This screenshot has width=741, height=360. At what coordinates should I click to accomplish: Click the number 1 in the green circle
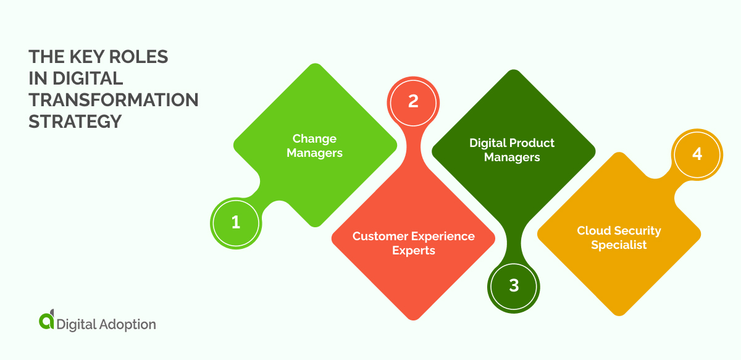(235, 222)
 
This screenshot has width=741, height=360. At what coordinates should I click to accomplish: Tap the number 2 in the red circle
(413, 101)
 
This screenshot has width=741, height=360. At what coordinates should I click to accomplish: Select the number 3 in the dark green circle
(514, 286)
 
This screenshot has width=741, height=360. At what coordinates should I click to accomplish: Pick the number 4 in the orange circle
(697, 154)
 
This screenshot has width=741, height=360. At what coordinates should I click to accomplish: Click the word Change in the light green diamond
(314, 138)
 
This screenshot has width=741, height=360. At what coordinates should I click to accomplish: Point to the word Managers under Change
(314, 153)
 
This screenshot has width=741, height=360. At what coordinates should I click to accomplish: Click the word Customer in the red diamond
(377, 237)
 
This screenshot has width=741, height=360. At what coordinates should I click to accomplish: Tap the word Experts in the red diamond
(414, 251)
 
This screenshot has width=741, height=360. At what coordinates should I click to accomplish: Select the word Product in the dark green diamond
(533, 143)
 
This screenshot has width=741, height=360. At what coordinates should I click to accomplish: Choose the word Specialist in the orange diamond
(619, 245)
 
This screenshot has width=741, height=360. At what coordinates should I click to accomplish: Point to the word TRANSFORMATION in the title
(114, 99)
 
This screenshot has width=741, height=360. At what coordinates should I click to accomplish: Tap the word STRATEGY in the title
(75, 121)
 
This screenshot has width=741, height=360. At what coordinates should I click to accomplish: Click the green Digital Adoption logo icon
(46, 320)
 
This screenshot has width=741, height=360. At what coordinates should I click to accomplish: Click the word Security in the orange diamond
(638, 230)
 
